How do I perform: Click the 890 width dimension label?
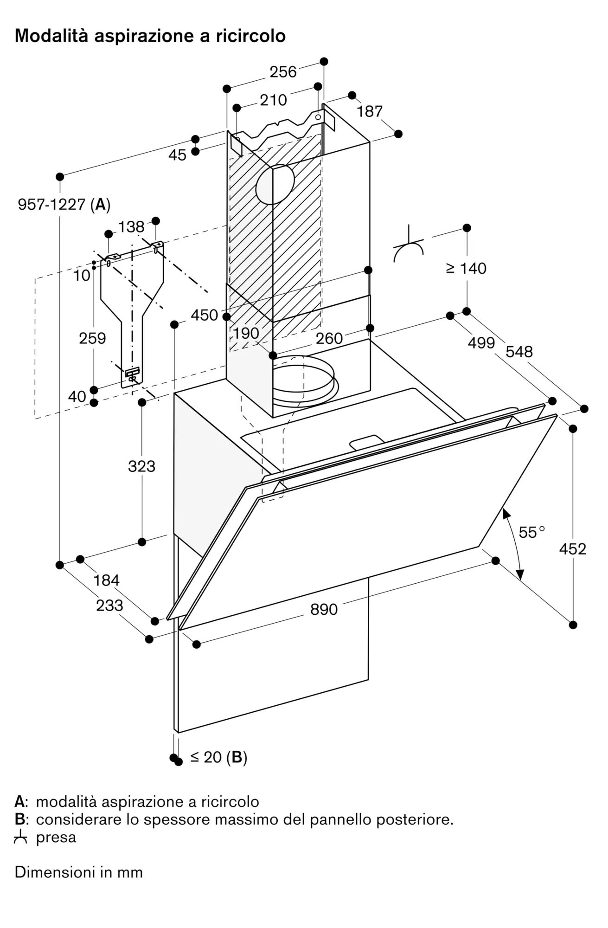click(324, 609)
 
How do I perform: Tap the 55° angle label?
click(531, 532)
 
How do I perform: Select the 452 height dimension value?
click(572, 549)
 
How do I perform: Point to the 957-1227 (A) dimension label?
click(64, 204)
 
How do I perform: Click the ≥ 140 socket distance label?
click(466, 268)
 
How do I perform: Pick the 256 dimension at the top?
click(283, 72)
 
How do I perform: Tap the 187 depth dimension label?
click(369, 111)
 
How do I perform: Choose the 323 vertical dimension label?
click(141, 466)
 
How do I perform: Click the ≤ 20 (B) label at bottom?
click(218, 757)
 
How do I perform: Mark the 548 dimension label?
click(519, 352)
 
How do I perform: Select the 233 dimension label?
click(109, 605)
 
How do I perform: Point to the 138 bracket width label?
click(131, 227)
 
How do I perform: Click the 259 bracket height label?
click(92, 338)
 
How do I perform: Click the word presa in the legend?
click(56, 838)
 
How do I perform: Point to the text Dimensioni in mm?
click(78, 872)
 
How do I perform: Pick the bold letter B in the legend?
click(19, 819)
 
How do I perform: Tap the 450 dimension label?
click(204, 316)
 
